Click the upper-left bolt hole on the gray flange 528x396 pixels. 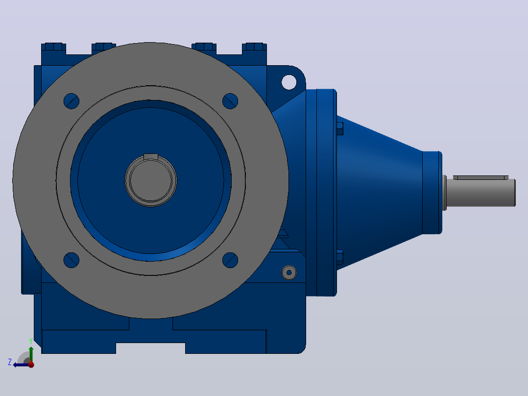pyautogui.click(x=72, y=101)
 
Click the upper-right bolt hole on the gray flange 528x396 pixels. pyautogui.click(x=230, y=101)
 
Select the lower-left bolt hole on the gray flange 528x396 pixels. pyautogui.click(x=72, y=260)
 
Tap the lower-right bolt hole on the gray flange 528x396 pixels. pyautogui.click(x=230, y=260)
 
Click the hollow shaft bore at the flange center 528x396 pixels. pyautogui.click(x=151, y=181)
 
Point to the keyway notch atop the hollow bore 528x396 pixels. pyautogui.click(x=151, y=156)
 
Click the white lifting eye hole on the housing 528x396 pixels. pyautogui.click(x=289, y=82)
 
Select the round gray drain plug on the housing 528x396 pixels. pyautogui.click(x=289, y=272)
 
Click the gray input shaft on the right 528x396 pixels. pyautogui.click(x=480, y=193)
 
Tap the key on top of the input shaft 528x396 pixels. pyautogui.click(x=481, y=177)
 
